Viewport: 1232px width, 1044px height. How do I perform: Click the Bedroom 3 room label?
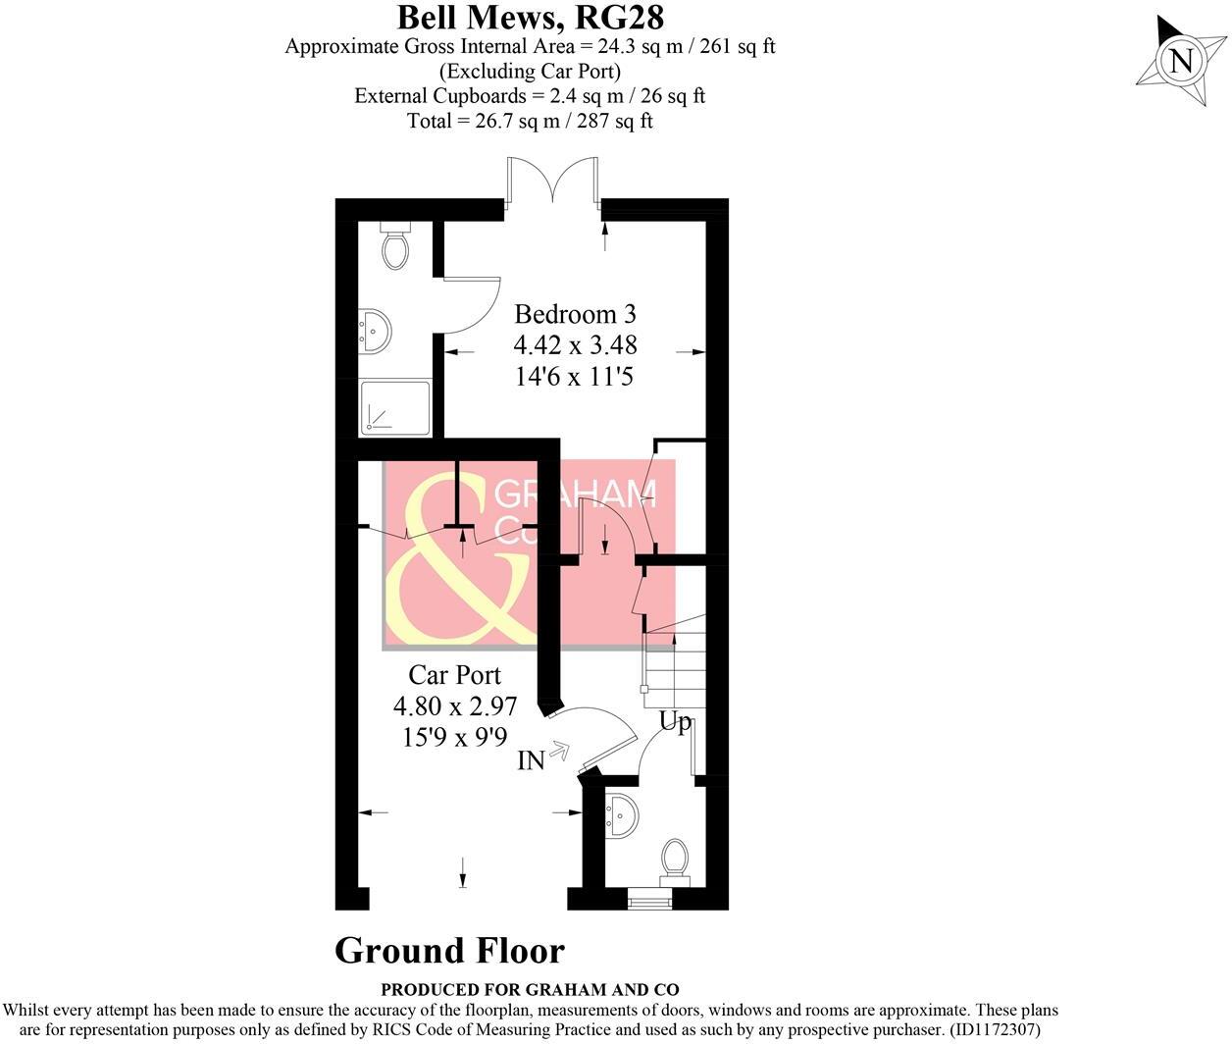575,314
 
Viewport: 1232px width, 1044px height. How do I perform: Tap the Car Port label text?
454,675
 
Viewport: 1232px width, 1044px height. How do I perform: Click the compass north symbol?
1182,61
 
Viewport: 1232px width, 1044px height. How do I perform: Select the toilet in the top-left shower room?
395,247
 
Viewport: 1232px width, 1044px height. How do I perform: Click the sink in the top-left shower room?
376,332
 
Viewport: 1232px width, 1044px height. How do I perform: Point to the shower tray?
395,407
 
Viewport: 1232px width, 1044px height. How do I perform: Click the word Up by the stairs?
675,723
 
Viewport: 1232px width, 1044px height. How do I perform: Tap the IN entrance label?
531,760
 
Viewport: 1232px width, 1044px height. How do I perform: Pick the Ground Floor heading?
449,950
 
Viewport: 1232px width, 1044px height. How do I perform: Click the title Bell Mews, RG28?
530,17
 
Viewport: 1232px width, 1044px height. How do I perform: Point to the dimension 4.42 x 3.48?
575,344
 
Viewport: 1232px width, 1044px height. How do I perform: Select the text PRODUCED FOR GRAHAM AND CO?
530,990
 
